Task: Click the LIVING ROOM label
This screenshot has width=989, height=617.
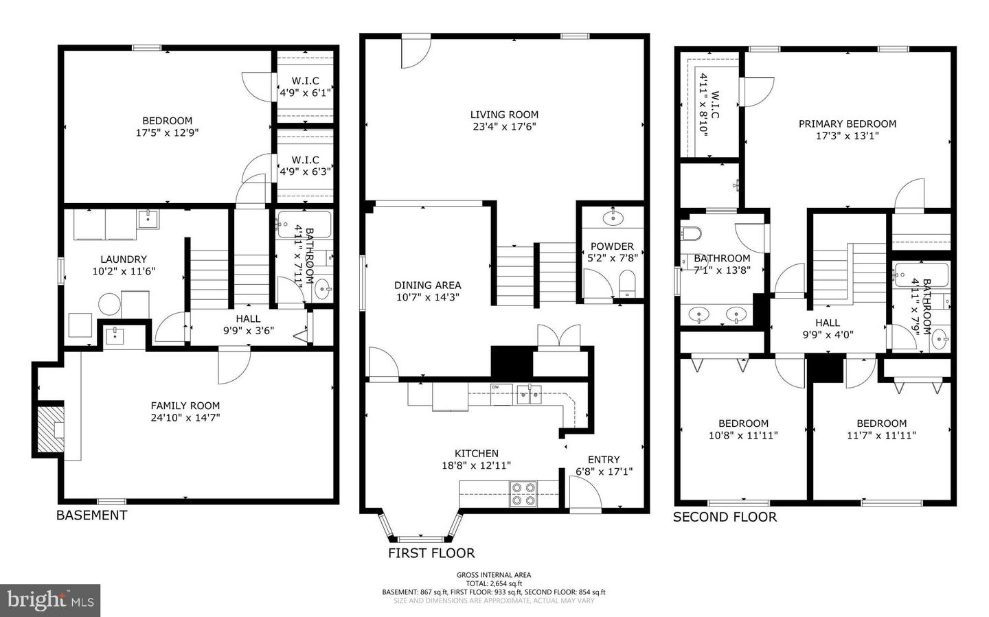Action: click(504, 115)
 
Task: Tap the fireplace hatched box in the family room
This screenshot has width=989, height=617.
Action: click(50, 429)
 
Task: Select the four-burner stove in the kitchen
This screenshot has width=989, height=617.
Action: click(523, 494)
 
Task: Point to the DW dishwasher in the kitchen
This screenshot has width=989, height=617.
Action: click(501, 395)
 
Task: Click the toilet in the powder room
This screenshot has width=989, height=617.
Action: click(626, 284)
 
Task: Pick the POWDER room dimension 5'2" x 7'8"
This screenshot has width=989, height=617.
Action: click(612, 258)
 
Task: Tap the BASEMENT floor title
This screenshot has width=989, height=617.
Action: click(92, 515)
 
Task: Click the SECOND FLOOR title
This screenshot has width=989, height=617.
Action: click(725, 517)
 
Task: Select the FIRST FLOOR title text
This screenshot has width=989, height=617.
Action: click(431, 553)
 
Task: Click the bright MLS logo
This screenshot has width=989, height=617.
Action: click(50, 601)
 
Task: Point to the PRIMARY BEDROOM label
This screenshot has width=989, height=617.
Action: click(848, 124)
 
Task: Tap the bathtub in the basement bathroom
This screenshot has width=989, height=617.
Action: click(304, 225)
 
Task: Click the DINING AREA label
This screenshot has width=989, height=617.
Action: click(427, 286)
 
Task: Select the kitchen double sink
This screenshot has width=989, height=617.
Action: click(530, 394)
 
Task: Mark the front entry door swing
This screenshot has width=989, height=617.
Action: click(585, 495)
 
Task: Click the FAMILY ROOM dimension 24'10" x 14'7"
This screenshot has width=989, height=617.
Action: click(185, 417)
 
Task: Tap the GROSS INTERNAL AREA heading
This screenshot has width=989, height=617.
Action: click(494, 574)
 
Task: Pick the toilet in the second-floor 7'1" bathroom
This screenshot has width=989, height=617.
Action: click(691, 233)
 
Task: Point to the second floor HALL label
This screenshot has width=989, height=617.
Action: click(828, 323)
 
